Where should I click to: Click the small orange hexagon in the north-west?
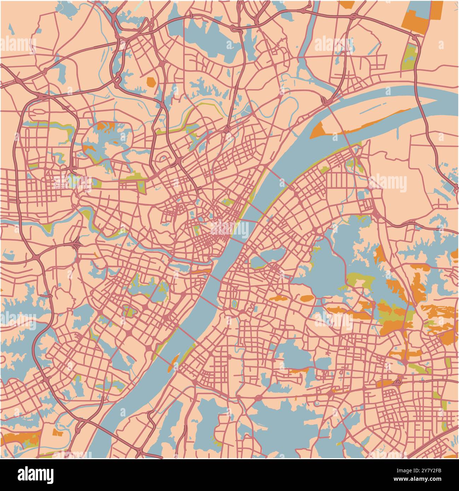(x=151, y=82)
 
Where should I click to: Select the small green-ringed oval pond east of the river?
(x=233, y=304)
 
